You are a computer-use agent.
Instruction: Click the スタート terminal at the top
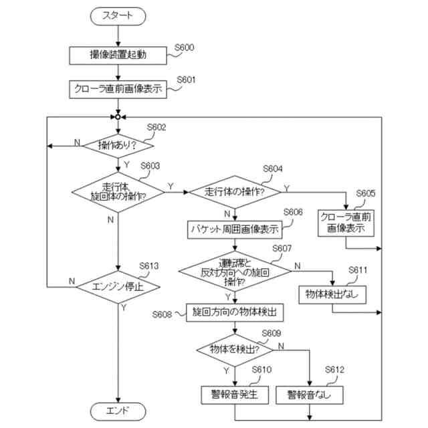118,16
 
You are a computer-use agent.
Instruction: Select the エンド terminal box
118,411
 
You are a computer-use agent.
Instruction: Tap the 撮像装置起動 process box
118,56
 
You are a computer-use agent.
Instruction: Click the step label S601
186,80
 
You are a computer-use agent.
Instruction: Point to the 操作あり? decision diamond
118,146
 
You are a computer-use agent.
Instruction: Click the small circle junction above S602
118,117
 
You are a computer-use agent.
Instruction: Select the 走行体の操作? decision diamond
235,192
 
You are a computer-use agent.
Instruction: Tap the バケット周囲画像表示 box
235,229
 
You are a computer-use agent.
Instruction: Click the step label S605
366,193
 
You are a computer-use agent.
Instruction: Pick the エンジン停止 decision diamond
118,287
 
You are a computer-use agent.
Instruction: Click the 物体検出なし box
332,295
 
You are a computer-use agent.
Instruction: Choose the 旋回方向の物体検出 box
235,312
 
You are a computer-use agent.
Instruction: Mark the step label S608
162,314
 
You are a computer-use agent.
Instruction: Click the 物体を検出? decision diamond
235,350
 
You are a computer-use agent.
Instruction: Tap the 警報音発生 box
235,395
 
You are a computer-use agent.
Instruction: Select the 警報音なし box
310,395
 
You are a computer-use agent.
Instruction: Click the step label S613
148,266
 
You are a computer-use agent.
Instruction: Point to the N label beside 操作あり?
78,142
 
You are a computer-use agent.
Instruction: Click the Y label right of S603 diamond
171,187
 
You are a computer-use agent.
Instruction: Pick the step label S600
185,47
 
